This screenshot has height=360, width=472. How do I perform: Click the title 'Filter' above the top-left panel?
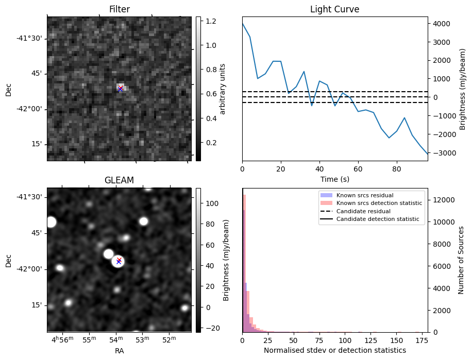point(119,9)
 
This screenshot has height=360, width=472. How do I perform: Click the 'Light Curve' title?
point(334,9)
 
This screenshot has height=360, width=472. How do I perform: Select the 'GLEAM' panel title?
point(119,180)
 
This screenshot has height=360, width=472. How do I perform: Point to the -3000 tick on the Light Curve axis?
point(442,153)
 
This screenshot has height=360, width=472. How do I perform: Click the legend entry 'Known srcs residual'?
point(364,195)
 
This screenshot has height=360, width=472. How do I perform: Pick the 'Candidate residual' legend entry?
point(365,211)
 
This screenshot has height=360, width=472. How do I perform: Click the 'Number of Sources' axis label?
point(461,260)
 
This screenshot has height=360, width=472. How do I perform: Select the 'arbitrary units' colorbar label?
point(223,89)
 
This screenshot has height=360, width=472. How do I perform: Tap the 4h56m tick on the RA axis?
point(62,340)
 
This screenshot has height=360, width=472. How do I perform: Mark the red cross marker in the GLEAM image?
point(119,260)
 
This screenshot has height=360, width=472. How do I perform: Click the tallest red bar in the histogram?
point(244,263)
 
